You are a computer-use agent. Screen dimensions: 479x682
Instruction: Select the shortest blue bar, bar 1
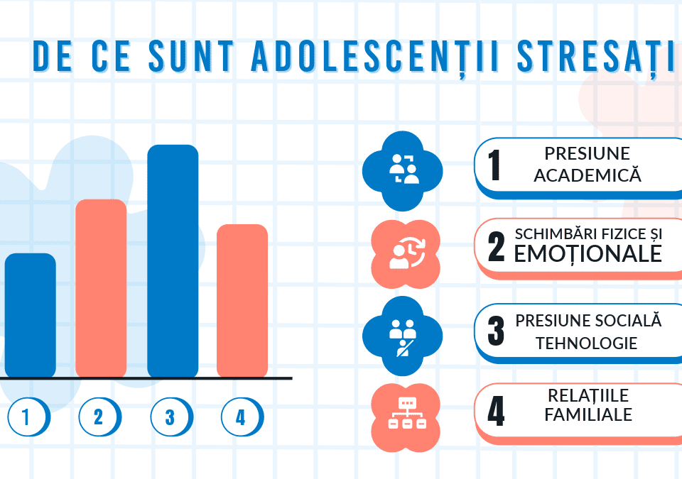[30, 315]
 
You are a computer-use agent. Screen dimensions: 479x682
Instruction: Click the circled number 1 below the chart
[27, 417]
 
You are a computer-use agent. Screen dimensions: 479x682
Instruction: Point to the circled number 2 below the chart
[98, 417]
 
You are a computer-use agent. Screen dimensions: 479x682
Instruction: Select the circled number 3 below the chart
[170, 417]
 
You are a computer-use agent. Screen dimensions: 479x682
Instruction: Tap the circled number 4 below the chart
[241, 417]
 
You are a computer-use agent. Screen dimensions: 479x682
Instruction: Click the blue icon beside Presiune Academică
[403, 171]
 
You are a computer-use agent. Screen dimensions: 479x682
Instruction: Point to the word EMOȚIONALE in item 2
[588, 253]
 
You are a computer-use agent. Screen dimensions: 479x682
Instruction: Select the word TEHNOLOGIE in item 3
[586, 343]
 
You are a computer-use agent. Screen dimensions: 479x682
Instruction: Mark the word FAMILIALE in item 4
[588, 414]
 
